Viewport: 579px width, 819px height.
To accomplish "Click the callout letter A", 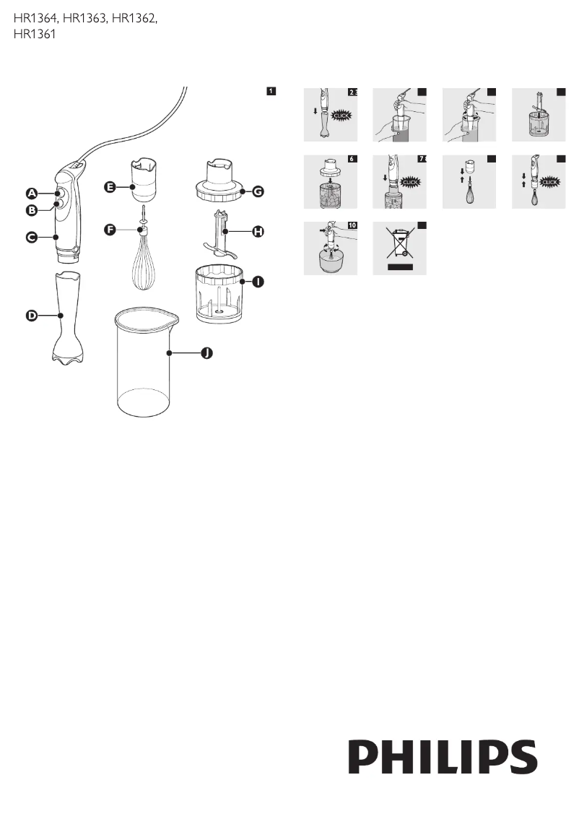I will coord(32,193).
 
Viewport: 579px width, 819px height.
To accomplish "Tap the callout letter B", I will coord(32,211).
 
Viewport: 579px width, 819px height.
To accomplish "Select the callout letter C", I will coord(32,237).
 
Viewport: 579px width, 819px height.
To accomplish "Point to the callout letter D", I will coord(32,316).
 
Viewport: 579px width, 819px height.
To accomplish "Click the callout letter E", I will coord(110,187).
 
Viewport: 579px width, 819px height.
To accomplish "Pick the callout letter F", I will coord(110,230).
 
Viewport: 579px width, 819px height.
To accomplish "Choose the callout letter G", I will coord(258,192).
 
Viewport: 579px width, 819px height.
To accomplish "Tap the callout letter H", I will coord(258,231).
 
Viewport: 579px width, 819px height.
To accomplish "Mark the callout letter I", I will coord(258,282).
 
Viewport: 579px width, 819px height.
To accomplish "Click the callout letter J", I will coord(206,353).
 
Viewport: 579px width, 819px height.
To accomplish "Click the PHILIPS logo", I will coord(443,757).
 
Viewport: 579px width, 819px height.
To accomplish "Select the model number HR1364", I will coord(36,19).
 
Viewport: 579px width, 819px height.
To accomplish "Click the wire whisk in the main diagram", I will coord(143,267).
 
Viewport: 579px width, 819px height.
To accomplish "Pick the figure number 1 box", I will coord(270,91).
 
